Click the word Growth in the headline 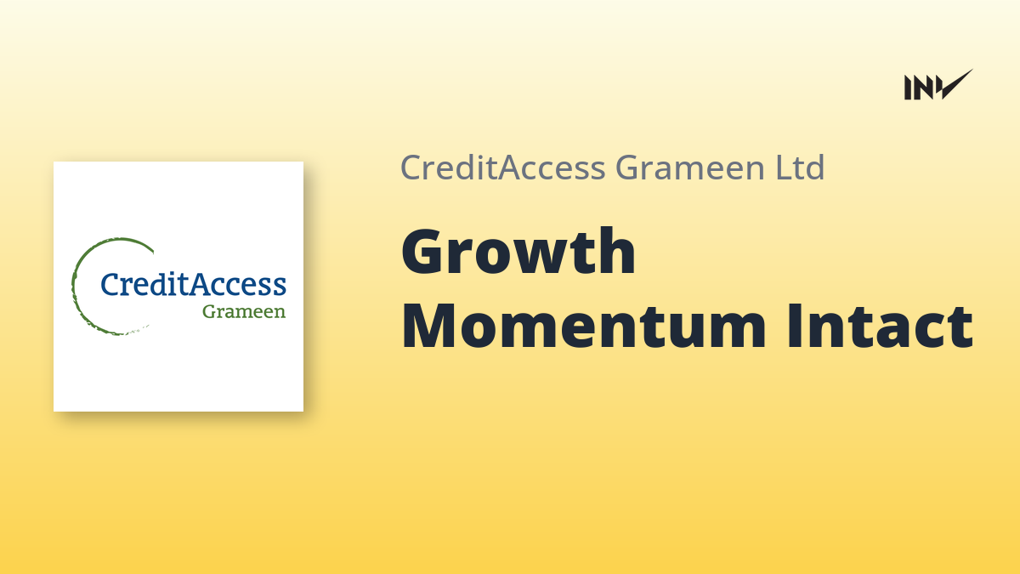[518, 252]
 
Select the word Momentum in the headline [584, 326]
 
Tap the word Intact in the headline [880, 326]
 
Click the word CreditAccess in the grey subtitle [502, 168]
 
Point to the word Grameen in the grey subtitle [690, 168]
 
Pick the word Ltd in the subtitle [800, 168]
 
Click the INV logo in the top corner [938, 85]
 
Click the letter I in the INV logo [908, 88]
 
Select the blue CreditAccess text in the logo [193, 284]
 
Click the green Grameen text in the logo [244, 311]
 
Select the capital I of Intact [794, 326]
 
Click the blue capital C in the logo [110, 284]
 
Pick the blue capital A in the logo [201, 284]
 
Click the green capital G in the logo [211, 311]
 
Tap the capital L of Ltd [783, 168]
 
